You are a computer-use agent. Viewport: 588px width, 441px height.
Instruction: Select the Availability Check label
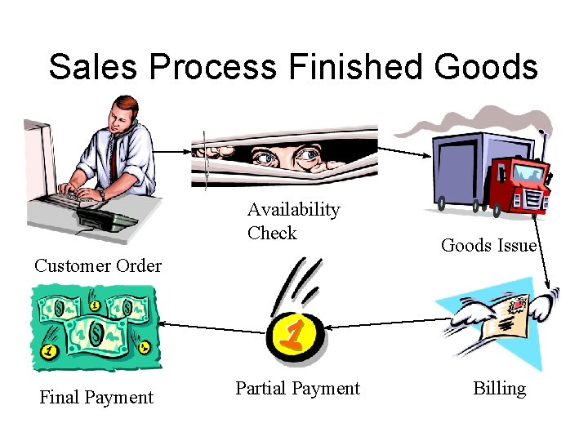pos(293,221)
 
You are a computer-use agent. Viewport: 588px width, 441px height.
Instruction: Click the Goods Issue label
pos(488,245)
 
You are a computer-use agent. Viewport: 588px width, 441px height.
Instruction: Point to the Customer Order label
pos(98,265)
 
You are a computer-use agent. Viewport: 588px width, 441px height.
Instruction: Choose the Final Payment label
pos(96,398)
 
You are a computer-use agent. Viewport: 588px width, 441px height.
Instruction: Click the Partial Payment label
pos(297,389)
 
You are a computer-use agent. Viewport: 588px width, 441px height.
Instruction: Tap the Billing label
pos(499,389)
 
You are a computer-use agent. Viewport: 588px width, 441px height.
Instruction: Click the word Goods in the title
pos(486,67)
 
